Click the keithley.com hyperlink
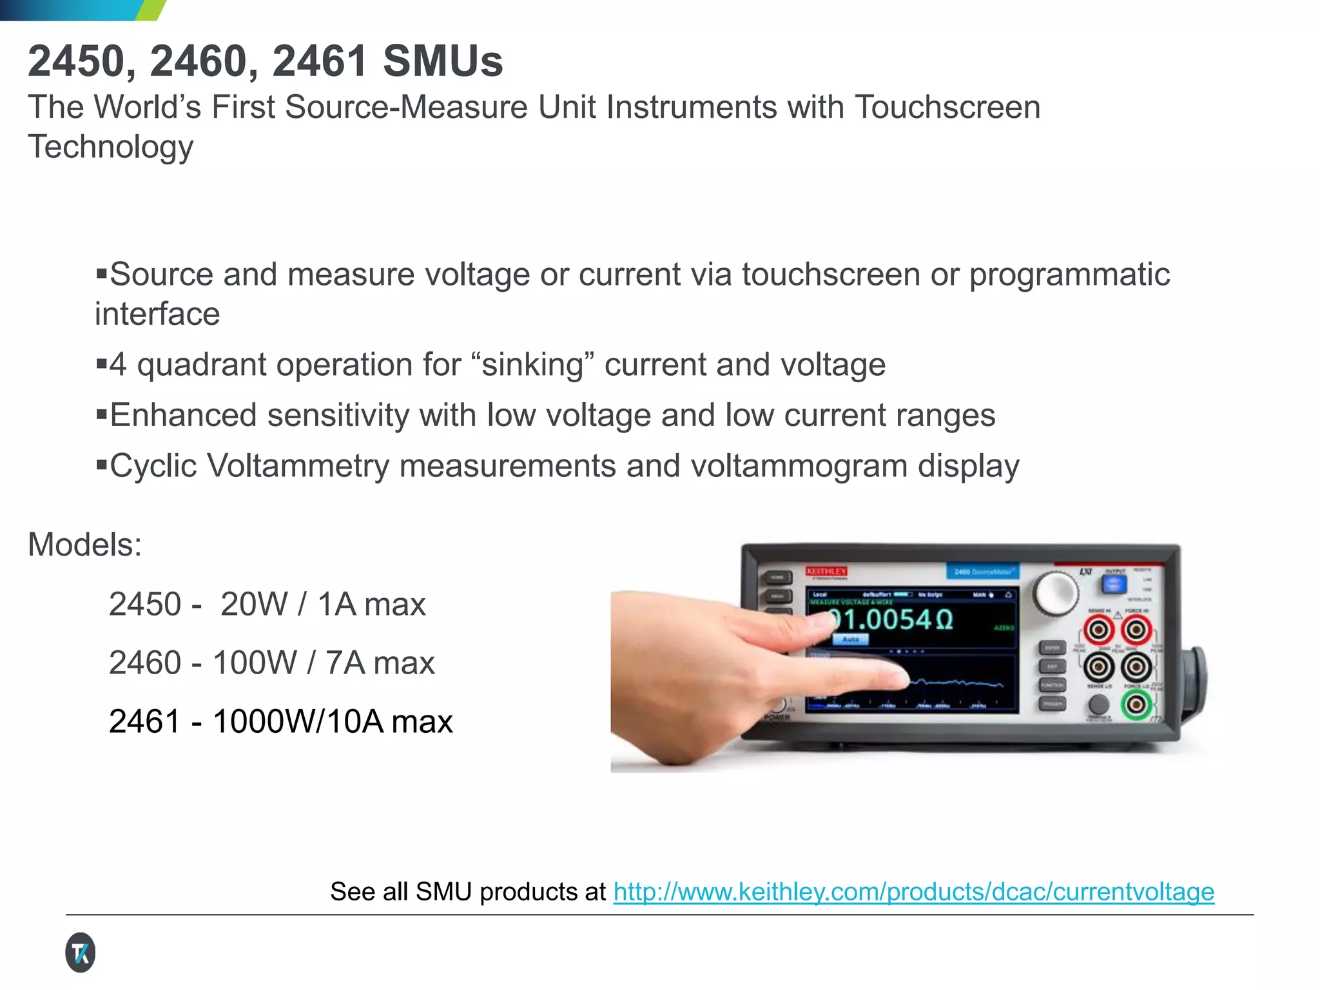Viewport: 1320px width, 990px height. pos(913,892)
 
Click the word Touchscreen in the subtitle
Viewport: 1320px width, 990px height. pos(947,107)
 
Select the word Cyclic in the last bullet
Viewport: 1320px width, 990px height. pos(153,466)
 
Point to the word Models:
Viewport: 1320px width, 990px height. pos(84,545)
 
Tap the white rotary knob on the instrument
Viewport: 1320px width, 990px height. pos(1055,592)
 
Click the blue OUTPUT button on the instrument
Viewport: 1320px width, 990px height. pos(1114,584)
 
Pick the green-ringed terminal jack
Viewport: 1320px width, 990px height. pos(1136,704)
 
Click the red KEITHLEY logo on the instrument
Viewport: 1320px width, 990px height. pos(826,571)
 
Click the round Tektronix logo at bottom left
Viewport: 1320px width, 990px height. pos(80,953)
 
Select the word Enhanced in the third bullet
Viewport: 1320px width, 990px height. pos(183,415)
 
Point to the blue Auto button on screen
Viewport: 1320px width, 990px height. pos(850,639)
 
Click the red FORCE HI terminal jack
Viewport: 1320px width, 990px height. pos(1136,630)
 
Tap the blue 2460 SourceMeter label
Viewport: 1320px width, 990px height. pos(982,572)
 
